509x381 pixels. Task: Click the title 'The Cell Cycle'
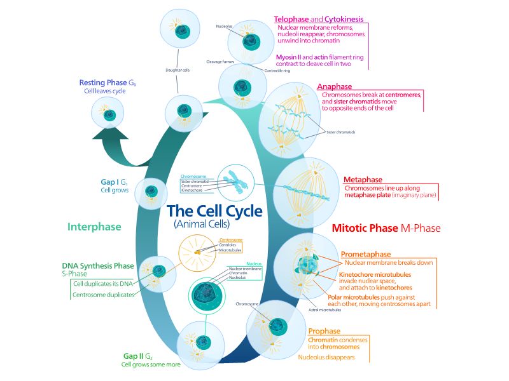pyautogui.click(x=213, y=210)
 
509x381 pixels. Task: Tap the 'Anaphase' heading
pyautogui.click(x=334, y=86)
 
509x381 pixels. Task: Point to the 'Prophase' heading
pyautogui.click(x=324, y=331)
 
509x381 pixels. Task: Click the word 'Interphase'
pyautogui.click(x=94, y=227)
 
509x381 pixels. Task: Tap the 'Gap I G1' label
pyautogui.click(x=115, y=182)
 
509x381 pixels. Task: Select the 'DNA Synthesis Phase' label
pyautogui.click(x=98, y=265)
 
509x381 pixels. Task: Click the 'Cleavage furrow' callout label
pyautogui.click(x=221, y=62)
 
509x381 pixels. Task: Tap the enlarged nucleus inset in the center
pyautogui.click(x=211, y=297)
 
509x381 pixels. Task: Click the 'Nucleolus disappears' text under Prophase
pyautogui.click(x=326, y=358)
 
